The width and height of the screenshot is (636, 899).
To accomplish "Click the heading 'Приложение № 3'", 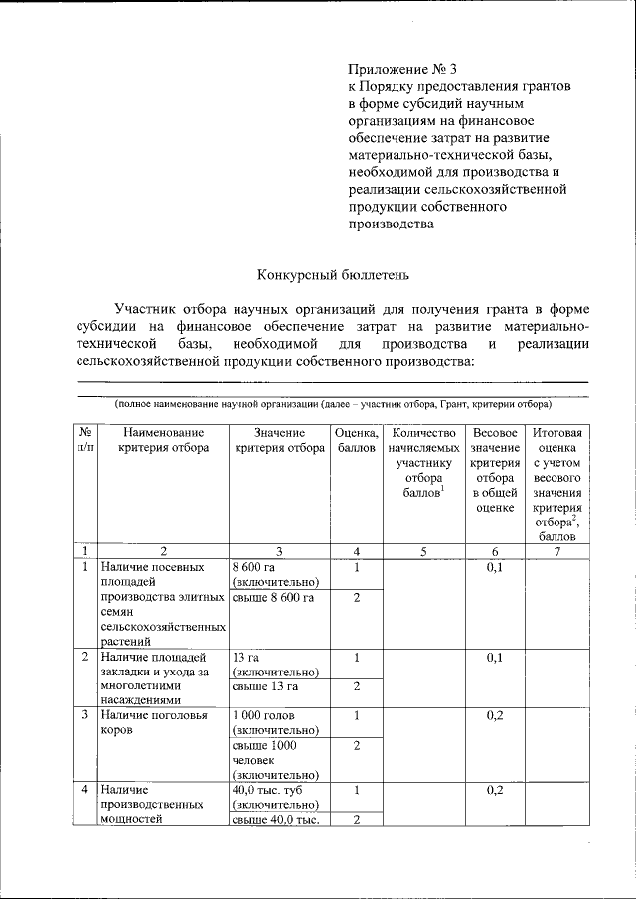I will click(403, 70).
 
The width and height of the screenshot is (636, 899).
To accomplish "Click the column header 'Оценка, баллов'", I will click(356, 440).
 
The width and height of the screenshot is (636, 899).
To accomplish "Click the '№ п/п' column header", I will click(86, 440).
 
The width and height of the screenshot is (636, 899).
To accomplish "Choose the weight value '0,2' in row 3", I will click(495, 715).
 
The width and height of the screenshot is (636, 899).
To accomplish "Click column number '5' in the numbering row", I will click(423, 551).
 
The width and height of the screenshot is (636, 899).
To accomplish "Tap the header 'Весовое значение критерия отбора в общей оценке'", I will click(495, 470).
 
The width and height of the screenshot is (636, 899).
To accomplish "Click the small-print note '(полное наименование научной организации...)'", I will click(333, 405).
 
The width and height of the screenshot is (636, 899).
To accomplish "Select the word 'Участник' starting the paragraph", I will click(147, 308).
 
